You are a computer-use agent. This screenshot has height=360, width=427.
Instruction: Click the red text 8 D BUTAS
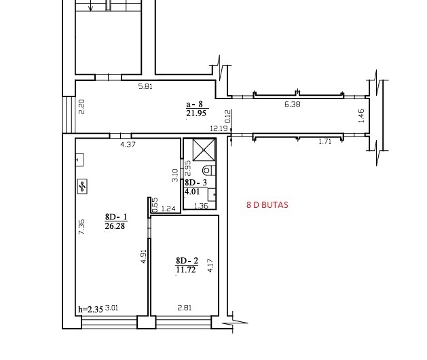click(267, 205)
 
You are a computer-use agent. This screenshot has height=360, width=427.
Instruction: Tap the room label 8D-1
click(116, 217)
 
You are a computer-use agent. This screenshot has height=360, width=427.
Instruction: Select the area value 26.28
click(115, 226)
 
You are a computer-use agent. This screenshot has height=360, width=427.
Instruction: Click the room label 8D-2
click(187, 261)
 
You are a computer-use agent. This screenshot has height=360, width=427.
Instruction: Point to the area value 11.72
click(186, 270)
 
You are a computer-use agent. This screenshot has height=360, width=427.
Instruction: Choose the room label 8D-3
click(196, 182)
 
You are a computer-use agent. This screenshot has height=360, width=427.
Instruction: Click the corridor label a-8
click(195, 104)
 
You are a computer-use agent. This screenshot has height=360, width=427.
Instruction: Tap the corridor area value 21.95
click(196, 113)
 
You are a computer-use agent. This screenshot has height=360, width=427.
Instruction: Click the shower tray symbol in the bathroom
click(204, 149)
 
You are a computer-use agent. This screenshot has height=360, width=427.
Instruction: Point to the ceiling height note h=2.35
click(91, 310)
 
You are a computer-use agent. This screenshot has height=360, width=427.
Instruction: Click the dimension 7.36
click(81, 227)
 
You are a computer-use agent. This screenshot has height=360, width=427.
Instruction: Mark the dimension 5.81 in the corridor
click(145, 87)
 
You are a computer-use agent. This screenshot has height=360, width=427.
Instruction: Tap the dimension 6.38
click(292, 104)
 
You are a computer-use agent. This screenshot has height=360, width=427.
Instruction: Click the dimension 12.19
click(219, 128)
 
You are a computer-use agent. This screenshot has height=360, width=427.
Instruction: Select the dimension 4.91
click(144, 257)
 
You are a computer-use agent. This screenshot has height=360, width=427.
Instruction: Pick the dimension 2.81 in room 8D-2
click(185, 308)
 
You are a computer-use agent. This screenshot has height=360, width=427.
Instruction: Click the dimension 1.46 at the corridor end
click(361, 115)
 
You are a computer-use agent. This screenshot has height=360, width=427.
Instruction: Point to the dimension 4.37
click(128, 144)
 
